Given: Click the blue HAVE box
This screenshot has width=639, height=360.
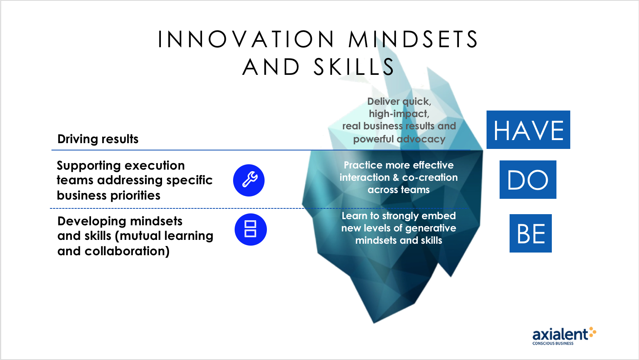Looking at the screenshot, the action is pyautogui.click(x=528, y=130).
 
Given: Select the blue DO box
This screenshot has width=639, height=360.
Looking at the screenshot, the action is pyautogui.click(x=528, y=180).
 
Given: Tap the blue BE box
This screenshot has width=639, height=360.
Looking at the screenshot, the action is pyautogui.click(x=531, y=233).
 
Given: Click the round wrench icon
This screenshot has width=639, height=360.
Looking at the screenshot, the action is pyautogui.click(x=249, y=180).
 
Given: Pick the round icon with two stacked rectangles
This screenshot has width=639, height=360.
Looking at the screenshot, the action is pyautogui.click(x=250, y=230).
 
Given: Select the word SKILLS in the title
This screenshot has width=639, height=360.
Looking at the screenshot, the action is pyautogui.click(x=354, y=67).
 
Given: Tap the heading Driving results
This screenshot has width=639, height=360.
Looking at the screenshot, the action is pyautogui.click(x=98, y=139).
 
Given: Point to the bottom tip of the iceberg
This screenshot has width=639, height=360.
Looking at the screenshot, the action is pyautogui.click(x=374, y=323).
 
